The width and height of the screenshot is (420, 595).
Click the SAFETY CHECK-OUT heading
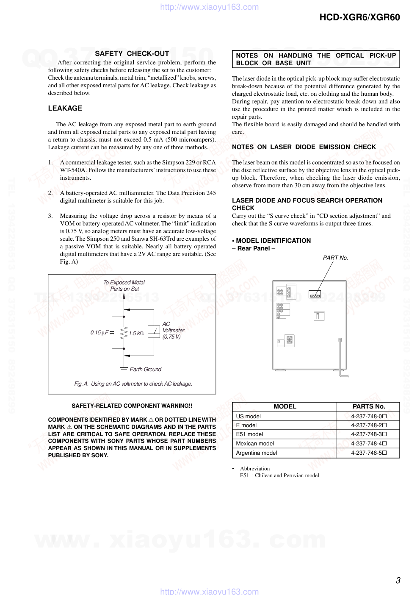pyautogui.click(x=132, y=53)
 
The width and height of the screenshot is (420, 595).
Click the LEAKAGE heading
pyautogui.click(x=65, y=108)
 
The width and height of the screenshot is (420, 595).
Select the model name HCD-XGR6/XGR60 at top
pyautogui.click(x=359, y=17)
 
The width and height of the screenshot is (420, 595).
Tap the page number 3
pyautogui.click(x=398, y=580)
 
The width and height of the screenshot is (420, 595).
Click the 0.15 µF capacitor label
pyautogui.click(x=99, y=333)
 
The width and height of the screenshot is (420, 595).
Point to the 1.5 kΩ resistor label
pyautogui.click(x=136, y=334)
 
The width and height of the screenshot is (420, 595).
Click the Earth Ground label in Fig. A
pyautogui.click(x=145, y=370)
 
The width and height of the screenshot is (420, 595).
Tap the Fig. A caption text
pyautogui.click(x=133, y=384)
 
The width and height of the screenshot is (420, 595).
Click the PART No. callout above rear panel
pyautogui.click(x=335, y=258)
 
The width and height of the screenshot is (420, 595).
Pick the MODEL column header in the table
pyautogui.click(x=285, y=406)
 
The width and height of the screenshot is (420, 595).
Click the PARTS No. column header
pyautogui.click(x=368, y=406)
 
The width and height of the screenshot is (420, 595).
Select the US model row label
pyautogui.click(x=248, y=416)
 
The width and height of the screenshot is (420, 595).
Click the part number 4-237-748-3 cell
pyautogui.click(x=368, y=434)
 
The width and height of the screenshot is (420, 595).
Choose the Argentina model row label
pyautogui.click(x=256, y=453)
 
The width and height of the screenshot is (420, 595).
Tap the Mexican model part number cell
pyautogui.click(x=368, y=444)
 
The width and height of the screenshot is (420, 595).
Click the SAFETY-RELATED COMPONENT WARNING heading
pyautogui.click(x=132, y=406)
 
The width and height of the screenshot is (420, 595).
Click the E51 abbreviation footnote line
pyautogui.click(x=279, y=475)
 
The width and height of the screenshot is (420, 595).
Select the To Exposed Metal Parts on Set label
pyautogui.click(x=124, y=286)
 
